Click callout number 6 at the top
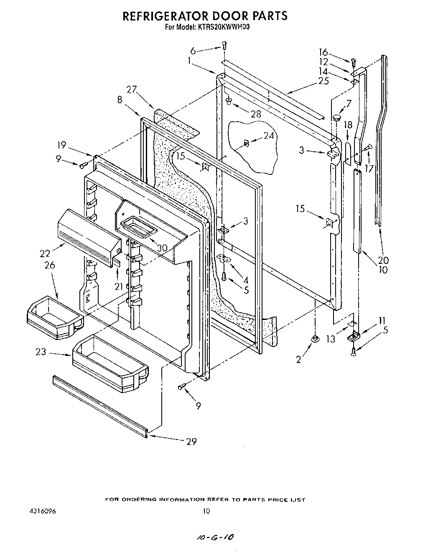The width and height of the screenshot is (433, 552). coord(193,51)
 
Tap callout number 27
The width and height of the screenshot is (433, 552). coord(132,89)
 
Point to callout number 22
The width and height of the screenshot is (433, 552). coord(45,253)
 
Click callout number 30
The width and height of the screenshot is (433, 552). coord(162,248)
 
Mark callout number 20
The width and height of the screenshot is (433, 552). coord(383,259)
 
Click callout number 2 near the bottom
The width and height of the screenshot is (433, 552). coord(298,359)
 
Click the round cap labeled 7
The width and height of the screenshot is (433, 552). coord(336,118)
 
